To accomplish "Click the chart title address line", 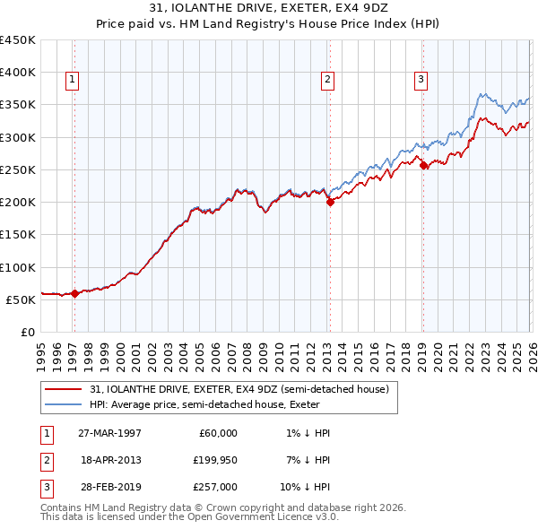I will (269, 10).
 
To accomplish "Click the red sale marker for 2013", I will (330, 202).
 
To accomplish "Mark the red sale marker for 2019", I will (423, 165).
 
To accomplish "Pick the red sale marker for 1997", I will (75, 292).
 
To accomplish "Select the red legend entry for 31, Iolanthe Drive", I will (239, 389).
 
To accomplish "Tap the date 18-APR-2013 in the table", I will (110, 460).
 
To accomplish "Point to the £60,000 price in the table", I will (218, 433).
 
